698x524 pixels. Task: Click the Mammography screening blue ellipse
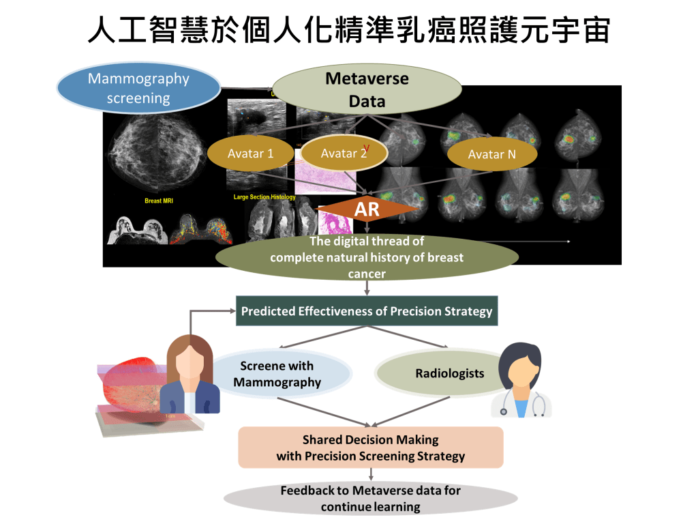(x=138, y=88)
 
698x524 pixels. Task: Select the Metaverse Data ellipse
(x=367, y=89)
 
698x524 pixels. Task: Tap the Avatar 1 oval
(x=250, y=154)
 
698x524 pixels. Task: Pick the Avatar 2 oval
(x=344, y=154)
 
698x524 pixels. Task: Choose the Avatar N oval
(x=491, y=154)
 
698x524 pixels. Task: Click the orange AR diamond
(x=367, y=209)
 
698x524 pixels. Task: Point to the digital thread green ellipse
(x=367, y=257)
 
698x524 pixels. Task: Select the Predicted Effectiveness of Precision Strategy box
(x=367, y=311)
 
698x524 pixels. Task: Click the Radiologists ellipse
(x=450, y=373)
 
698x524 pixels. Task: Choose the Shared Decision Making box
(x=370, y=448)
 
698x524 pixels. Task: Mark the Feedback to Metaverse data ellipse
(x=370, y=499)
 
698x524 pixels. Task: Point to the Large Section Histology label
(x=264, y=197)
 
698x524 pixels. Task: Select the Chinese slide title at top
(x=348, y=30)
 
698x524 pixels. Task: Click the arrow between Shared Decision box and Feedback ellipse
(x=370, y=475)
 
